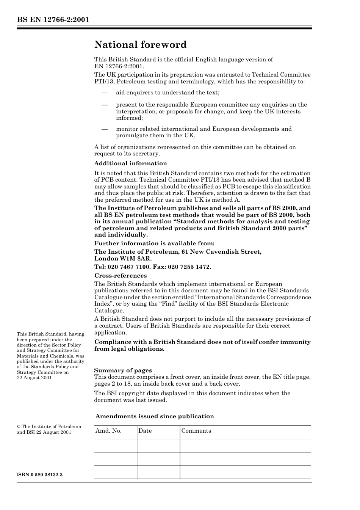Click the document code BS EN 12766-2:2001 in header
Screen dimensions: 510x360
click(53, 20)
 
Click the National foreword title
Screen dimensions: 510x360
click(140, 45)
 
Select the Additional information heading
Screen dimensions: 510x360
click(130, 163)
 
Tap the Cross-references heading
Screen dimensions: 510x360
click(121, 276)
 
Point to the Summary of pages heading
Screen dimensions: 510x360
click(123, 370)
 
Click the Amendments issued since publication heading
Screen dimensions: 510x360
click(155, 416)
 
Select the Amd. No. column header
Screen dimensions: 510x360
click(108, 431)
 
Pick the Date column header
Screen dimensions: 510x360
click(145, 431)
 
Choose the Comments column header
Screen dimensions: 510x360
click(196, 431)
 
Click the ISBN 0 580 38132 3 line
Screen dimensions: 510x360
click(40, 475)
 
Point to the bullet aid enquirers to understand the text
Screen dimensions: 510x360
click(167, 93)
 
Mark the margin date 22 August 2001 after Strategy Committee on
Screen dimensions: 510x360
click(34, 378)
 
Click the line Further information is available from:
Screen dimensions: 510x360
click(154, 243)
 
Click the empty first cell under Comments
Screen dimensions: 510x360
click(245, 446)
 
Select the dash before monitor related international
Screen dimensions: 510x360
click(105, 129)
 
